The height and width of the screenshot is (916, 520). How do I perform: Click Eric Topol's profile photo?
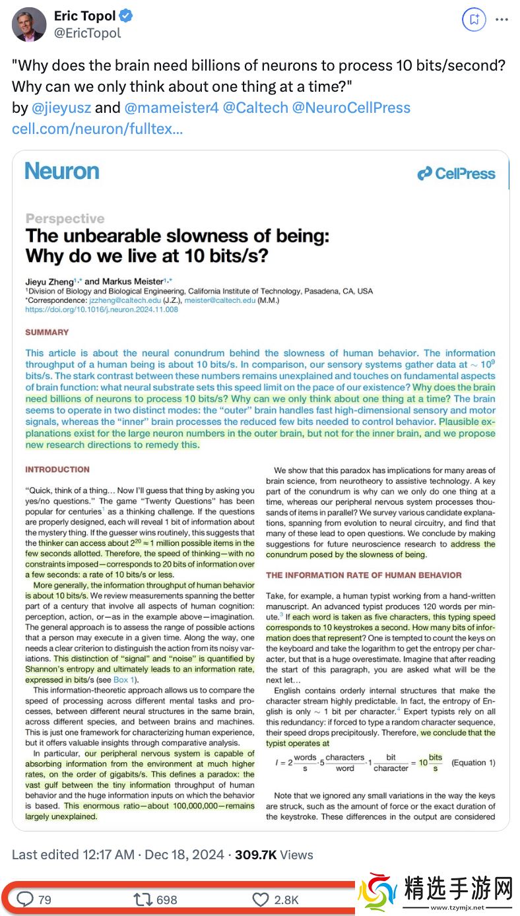pyautogui.click(x=29, y=24)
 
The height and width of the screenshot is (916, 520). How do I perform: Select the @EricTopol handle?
pyautogui.click(x=88, y=33)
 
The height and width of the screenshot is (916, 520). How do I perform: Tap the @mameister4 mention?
pyautogui.click(x=171, y=108)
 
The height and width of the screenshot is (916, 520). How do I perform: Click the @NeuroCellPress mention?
pyautogui.click(x=351, y=108)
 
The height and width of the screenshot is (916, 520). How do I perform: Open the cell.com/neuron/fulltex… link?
pyautogui.click(x=97, y=128)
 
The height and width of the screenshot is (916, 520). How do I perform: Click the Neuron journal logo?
pyautogui.click(x=62, y=172)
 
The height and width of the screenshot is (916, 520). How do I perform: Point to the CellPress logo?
pyautogui.click(x=456, y=174)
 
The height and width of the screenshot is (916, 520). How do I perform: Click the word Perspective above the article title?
pyautogui.click(x=65, y=218)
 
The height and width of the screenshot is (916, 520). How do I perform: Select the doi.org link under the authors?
pyautogui.click(x=102, y=309)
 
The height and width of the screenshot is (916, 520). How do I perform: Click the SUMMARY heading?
pyautogui.click(x=47, y=332)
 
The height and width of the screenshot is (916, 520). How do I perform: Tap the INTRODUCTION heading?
pyautogui.click(x=57, y=469)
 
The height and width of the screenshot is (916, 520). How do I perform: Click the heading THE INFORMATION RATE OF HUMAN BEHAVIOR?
pyautogui.click(x=364, y=575)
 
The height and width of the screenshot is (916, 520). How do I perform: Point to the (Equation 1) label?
pyautogui.click(x=472, y=762)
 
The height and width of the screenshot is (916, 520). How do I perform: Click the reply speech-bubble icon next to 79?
pyautogui.click(x=25, y=899)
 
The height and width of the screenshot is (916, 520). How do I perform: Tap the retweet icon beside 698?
pyautogui.click(x=142, y=899)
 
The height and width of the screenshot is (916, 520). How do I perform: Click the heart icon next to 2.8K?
pyautogui.click(x=261, y=899)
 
